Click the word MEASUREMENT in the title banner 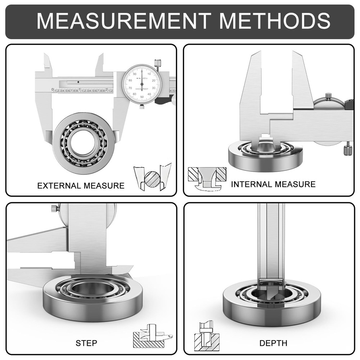pyautogui.click(x=124, y=21)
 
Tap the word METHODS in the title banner pyautogui.click(x=275, y=21)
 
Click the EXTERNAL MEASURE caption pyautogui.click(x=81, y=186)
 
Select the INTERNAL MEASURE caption pyautogui.click(x=273, y=184)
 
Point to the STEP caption pyautogui.click(x=86, y=343)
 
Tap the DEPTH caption pyautogui.click(x=273, y=343)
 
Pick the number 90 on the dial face pyautogui.click(x=134, y=74)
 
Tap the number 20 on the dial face pyautogui.click(x=154, y=81)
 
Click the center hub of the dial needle pyautogui.click(x=142, y=84)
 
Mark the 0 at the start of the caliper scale pyautogui.click(x=53, y=90)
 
